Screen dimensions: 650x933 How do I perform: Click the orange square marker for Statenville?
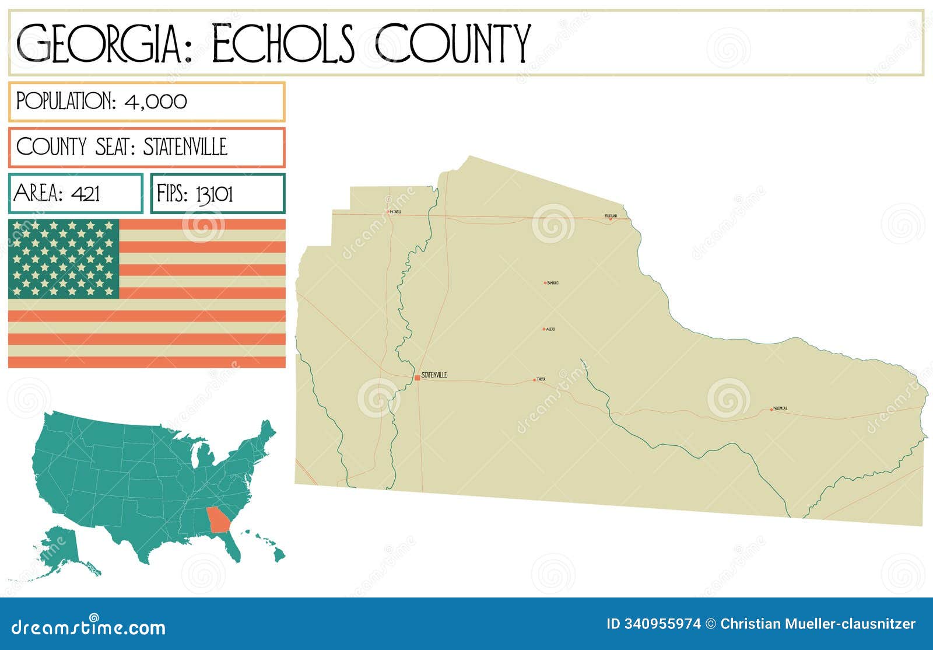point(417,378)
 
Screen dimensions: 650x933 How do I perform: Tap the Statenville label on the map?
point(434,375)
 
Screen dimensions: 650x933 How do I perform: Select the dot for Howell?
point(388,211)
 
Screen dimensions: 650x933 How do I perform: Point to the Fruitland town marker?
point(610,219)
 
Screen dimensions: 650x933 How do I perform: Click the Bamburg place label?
point(553,283)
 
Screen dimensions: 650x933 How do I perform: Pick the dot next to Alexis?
point(544,329)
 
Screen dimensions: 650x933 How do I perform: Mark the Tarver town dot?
point(534,380)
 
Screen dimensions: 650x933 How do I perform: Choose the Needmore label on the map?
point(780,408)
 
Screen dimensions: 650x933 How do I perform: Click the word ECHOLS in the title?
point(283,43)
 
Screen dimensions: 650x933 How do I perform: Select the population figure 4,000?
point(156,101)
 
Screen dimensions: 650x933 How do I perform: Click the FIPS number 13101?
point(214,194)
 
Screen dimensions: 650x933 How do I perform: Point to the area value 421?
point(86,193)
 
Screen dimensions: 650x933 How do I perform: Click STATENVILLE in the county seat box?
point(185,147)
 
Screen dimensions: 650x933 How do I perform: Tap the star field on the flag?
point(64,258)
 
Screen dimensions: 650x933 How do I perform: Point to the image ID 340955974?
point(654,624)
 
